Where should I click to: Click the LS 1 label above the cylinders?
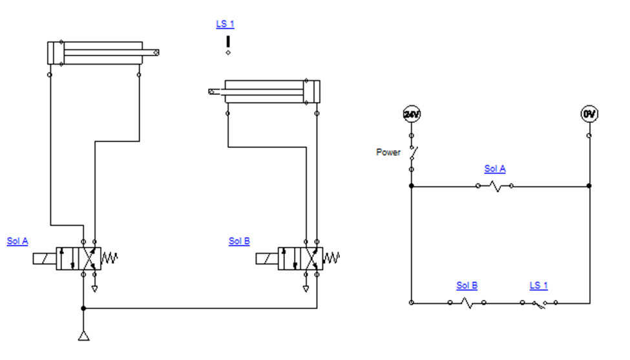tap(225, 24)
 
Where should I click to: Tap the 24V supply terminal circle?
tap(412, 114)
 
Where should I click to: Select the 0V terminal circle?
tap(589, 114)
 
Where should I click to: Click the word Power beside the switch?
tap(388, 153)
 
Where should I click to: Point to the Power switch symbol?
tap(413, 153)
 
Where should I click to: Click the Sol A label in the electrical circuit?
tap(494, 169)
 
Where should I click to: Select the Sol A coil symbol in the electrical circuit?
tap(494, 186)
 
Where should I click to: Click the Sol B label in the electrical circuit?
tap(467, 285)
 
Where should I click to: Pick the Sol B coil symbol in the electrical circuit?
tap(467, 302)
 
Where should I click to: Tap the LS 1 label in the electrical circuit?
tap(538, 285)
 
